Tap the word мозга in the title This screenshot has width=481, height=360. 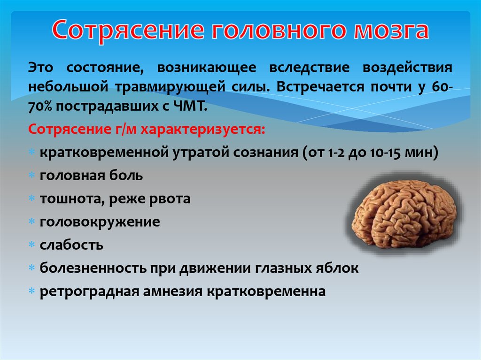(x=391, y=31)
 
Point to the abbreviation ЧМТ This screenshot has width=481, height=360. (x=190, y=106)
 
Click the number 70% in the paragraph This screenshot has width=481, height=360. (x=40, y=106)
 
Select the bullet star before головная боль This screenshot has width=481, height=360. (x=31, y=176)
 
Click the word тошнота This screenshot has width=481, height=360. (x=72, y=199)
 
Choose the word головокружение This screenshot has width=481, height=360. (x=100, y=222)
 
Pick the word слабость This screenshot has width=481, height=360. (x=71, y=245)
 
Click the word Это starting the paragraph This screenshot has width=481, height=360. (x=40, y=68)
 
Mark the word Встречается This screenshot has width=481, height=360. (x=319, y=87)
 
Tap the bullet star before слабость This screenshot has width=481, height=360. (x=31, y=245)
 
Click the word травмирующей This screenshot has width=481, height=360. (x=171, y=87)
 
